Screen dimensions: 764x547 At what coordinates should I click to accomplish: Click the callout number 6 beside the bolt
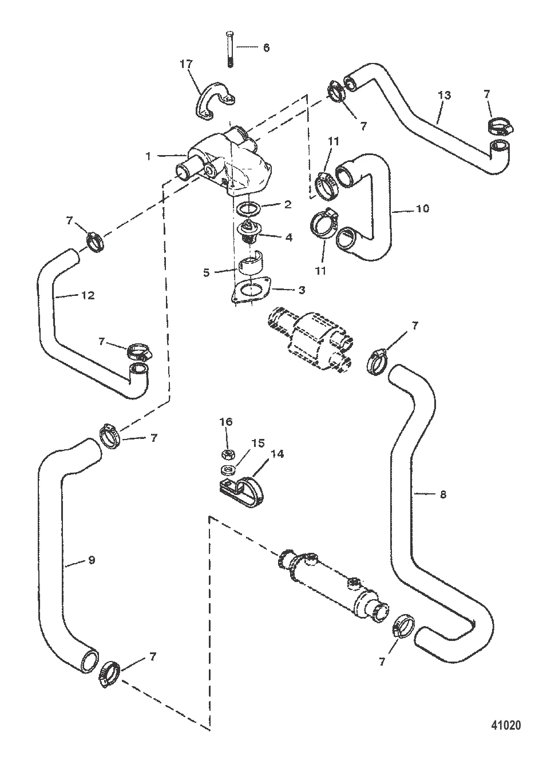coord(265,47)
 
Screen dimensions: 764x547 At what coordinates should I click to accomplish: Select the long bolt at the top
coord(230,49)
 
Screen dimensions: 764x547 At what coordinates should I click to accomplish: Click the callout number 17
coord(187,65)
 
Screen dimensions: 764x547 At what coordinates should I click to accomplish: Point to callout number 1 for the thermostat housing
coord(148,156)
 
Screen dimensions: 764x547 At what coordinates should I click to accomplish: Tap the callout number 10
coord(422,209)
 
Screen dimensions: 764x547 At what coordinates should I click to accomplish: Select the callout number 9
coord(91,561)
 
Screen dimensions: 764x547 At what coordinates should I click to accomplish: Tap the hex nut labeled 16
coord(227,455)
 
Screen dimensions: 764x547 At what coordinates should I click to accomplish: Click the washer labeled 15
coord(227,471)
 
